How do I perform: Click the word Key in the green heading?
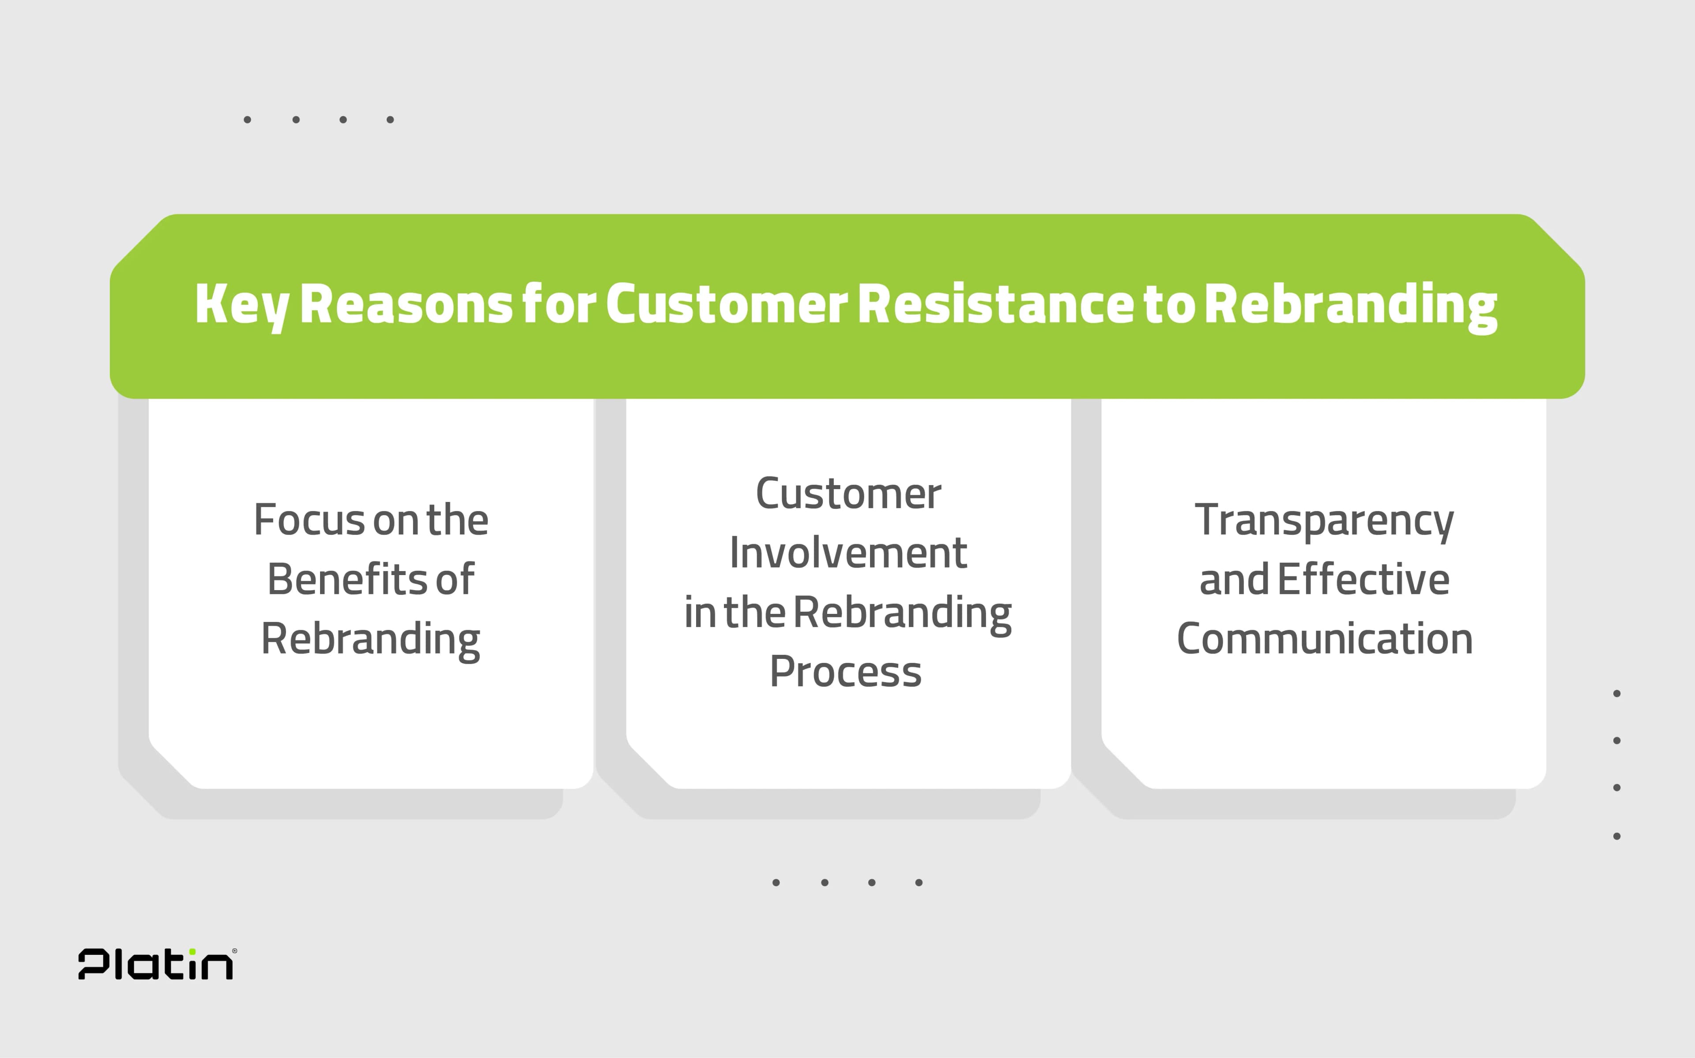tap(241, 306)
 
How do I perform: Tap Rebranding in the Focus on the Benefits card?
tap(370, 639)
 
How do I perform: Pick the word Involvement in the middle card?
tap(848, 553)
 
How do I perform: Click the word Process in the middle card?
tap(846, 672)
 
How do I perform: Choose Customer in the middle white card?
tap(848, 494)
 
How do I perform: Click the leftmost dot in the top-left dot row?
tap(247, 120)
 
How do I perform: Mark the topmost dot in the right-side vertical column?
tap(1616, 693)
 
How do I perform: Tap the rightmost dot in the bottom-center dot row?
tap(919, 882)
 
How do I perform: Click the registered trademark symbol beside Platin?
tap(234, 950)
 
